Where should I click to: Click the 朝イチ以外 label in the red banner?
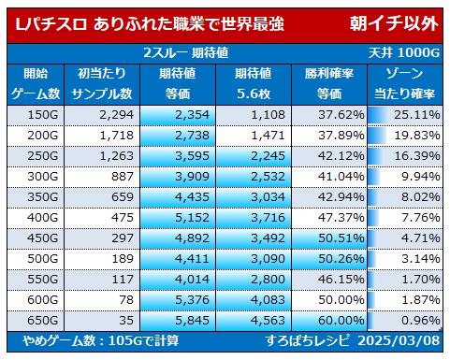pyautogui.click(x=394, y=23)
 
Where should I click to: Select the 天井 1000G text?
pyautogui.click(x=404, y=53)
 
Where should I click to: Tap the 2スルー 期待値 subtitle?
pyautogui.click(x=186, y=53)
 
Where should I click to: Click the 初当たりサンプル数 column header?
pyautogui.click(x=102, y=83)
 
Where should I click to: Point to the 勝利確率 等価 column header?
pyautogui.click(x=329, y=83)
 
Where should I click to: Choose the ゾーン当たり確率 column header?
pyautogui.click(x=404, y=83)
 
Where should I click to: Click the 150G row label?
pyautogui.click(x=43, y=115)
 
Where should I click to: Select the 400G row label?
pyautogui.click(x=43, y=218)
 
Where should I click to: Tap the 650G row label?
pyautogui.click(x=43, y=321)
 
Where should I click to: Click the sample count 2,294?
pyautogui.click(x=117, y=115)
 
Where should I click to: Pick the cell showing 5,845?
pyautogui.click(x=192, y=321)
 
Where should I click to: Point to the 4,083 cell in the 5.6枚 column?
pyautogui.click(x=268, y=300)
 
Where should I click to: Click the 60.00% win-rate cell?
pyautogui.click(x=341, y=321)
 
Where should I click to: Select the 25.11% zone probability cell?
pyautogui.click(x=417, y=115)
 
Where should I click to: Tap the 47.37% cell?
pyautogui.click(x=341, y=218)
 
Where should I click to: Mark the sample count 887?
pyautogui.click(x=123, y=177)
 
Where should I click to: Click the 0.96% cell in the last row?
pyautogui.click(x=421, y=321)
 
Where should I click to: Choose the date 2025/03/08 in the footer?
pyautogui.click(x=399, y=340)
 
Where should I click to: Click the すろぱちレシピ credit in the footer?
pyautogui.click(x=308, y=340)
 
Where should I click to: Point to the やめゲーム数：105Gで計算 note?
pyautogui.click(x=101, y=340)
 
